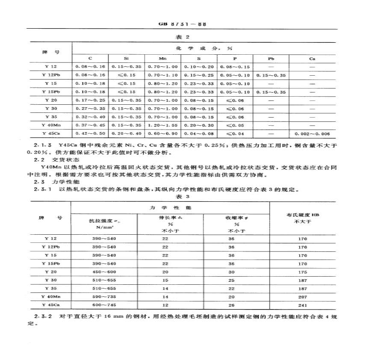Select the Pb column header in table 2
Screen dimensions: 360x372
coord(271,59)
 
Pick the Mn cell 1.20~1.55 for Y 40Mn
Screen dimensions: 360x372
coord(162,125)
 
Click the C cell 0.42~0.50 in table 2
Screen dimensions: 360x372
coord(90,134)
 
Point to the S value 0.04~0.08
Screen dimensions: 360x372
coord(198,134)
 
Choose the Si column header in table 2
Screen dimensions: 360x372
coord(126,59)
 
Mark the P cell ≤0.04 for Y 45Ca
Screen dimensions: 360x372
coord(235,134)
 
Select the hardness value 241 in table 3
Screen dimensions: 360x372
coord(303,306)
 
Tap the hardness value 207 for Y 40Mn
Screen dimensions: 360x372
coord(303,297)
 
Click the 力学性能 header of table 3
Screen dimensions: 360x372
coord(169,207)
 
